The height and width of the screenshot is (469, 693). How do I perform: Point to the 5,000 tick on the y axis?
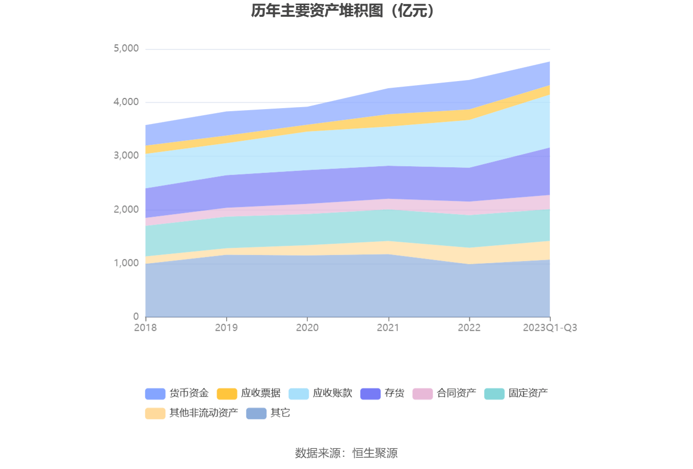click(126, 48)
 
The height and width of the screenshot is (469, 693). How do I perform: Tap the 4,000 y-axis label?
click(126, 102)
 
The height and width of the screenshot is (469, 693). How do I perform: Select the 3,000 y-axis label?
click(126, 155)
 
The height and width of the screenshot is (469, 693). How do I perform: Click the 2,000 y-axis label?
click(126, 210)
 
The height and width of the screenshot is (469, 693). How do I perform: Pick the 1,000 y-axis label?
click(126, 263)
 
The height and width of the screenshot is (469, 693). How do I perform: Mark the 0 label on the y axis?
click(136, 317)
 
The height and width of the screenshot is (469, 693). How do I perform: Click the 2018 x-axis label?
click(145, 328)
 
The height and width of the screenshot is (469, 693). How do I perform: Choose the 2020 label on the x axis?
click(307, 328)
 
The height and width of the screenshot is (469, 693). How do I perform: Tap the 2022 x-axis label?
click(469, 328)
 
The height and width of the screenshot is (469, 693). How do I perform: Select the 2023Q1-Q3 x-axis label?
click(550, 328)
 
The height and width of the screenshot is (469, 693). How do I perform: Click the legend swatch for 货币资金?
click(155, 394)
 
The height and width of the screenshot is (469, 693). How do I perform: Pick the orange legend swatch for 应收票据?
click(227, 394)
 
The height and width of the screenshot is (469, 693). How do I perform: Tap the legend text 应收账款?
click(332, 393)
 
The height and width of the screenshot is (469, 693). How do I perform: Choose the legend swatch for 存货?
click(370, 394)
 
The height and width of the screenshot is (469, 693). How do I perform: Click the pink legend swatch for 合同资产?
click(422, 394)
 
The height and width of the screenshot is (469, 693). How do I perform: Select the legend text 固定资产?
click(528, 393)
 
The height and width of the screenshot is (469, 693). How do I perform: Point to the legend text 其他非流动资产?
click(203, 413)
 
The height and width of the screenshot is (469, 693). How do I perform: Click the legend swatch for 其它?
click(256, 413)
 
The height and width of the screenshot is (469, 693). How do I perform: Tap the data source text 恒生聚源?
click(375, 453)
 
